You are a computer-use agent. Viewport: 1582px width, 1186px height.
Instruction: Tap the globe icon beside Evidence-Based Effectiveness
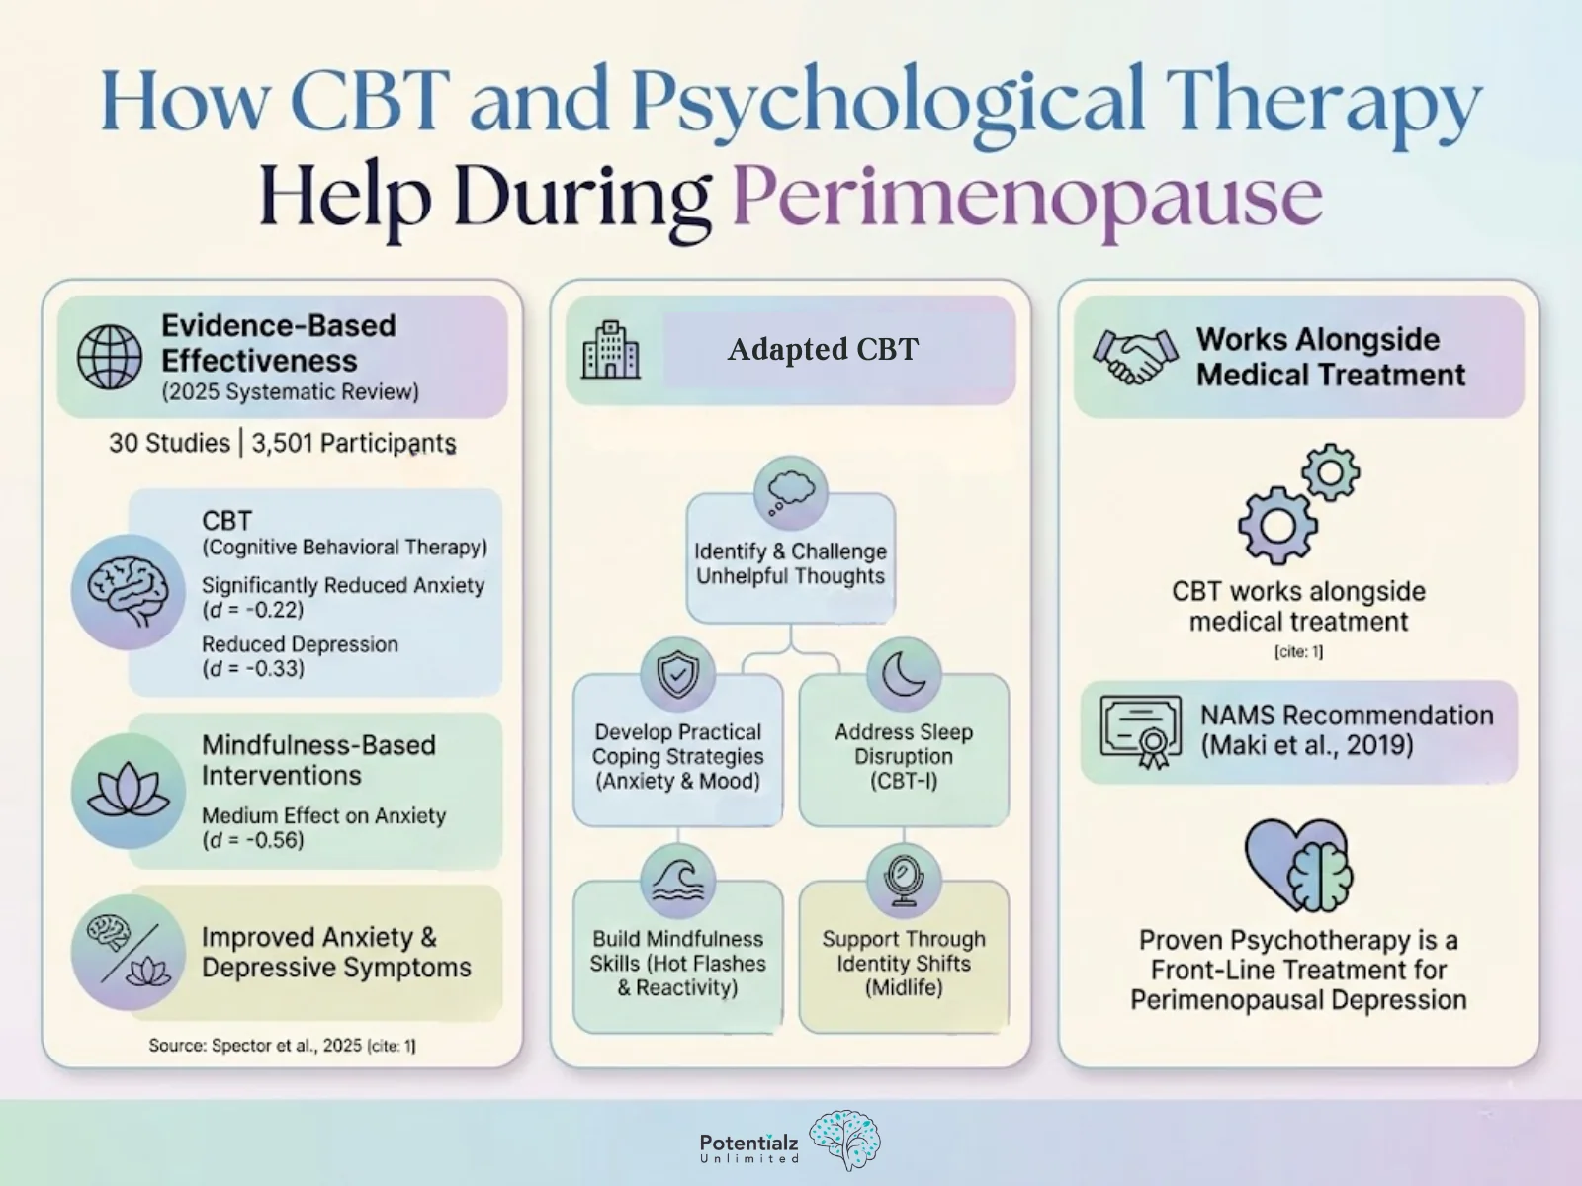coord(110,357)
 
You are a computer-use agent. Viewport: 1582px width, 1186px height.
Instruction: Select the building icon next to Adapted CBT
coord(611,350)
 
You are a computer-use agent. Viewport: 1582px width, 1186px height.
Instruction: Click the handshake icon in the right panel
coord(1135,357)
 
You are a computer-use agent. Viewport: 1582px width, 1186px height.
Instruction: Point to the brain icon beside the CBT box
coord(129,592)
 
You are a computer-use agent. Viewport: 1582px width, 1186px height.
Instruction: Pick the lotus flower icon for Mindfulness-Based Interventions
coord(129,792)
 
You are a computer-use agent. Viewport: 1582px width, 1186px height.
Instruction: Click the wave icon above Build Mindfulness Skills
coord(677,880)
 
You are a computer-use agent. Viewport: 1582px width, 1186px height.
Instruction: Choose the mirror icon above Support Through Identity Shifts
coord(903,880)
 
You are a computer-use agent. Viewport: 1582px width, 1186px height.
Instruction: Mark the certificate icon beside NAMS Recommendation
coord(1141,731)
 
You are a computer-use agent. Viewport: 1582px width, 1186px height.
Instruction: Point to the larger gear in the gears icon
coord(1276,525)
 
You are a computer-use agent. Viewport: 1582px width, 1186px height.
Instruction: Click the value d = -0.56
coord(253,841)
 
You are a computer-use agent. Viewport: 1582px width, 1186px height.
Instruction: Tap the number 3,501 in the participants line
coord(282,443)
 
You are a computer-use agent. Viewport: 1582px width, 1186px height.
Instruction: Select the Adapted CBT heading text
coord(823,349)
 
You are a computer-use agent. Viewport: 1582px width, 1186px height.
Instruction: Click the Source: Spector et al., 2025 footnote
coord(282,1045)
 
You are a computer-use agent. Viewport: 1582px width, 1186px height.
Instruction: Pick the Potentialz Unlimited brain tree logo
coord(843,1140)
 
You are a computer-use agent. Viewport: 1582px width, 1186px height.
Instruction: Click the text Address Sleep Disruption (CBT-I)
coord(904,756)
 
